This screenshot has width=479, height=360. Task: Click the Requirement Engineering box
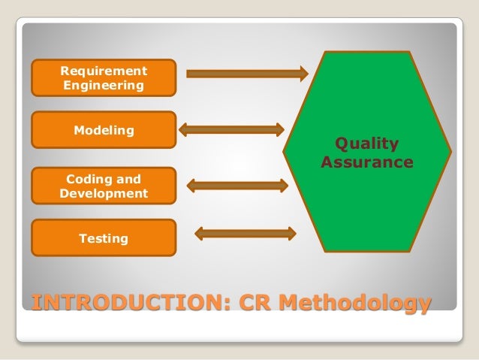click(103, 78)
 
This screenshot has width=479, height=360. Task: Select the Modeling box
click(103, 130)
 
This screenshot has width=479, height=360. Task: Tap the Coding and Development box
click(103, 186)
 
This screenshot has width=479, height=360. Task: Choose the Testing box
click(103, 238)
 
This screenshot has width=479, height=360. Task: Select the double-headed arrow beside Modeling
click(231, 130)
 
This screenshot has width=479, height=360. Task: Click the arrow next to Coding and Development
click(236, 185)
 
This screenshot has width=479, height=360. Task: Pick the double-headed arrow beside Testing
click(245, 234)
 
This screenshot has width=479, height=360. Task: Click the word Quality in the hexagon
click(366, 144)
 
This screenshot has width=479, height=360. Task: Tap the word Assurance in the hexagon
click(366, 162)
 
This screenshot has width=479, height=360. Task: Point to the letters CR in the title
click(258, 304)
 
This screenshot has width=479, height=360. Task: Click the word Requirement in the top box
click(104, 71)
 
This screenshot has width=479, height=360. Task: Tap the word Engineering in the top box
click(104, 86)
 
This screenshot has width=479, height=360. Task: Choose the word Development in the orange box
click(104, 193)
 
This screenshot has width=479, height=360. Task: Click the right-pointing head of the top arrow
click(303, 73)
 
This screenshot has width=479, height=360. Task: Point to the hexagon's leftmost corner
click(285, 151)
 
